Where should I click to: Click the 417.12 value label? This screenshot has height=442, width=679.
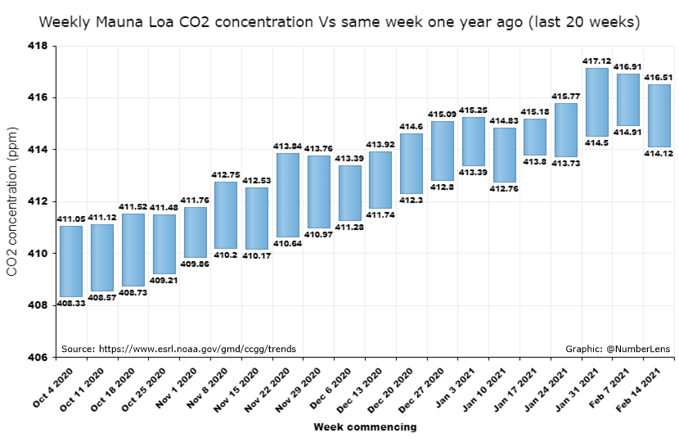tap(597, 61)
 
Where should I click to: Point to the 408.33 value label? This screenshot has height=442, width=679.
tap(71, 304)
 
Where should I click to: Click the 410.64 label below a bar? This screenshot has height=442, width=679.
tap(287, 243)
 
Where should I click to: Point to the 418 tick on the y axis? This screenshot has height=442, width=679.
tap(38, 46)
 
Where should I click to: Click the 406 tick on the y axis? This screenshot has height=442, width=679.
tap(38, 358)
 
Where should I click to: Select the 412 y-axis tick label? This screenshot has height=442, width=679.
tap(38, 202)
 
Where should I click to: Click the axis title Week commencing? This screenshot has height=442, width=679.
tap(365, 426)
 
